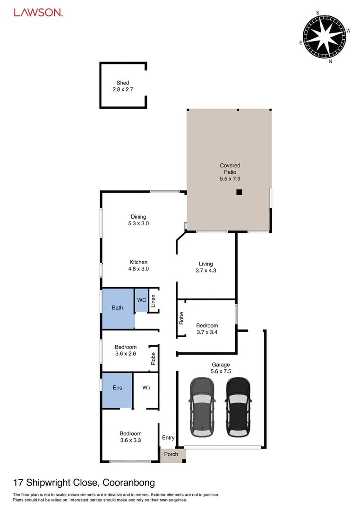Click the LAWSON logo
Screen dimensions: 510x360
(38, 13)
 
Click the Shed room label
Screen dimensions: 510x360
(123, 83)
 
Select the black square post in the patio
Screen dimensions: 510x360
(239, 192)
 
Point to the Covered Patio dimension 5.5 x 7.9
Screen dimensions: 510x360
(230, 179)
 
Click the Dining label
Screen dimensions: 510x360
(138, 217)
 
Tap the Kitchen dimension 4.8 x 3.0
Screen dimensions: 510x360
(138, 269)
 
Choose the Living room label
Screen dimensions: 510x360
(206, 264)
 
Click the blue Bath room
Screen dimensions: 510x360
(118, 308)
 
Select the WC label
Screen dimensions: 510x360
(141, 300)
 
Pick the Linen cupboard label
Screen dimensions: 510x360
(154, 301)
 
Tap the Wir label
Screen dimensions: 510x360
(146, 388)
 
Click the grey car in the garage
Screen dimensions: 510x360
(202, 407)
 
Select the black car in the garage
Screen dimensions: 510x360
(237, 407)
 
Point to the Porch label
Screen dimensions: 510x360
(171, 454)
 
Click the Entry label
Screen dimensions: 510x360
(168, 438)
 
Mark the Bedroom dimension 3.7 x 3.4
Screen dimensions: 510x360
(207, 332)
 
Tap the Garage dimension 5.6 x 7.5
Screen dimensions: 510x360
(221, 371)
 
